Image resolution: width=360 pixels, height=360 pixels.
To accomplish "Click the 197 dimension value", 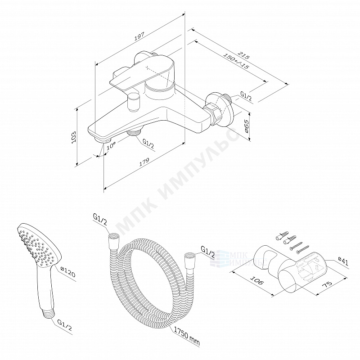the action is pyautogui.click(x=139, y=36).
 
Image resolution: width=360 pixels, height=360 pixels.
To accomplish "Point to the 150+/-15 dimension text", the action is pyautogui.click(x=236, y=61).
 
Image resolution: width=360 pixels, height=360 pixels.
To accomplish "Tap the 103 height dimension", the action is pyautogui.click(x=74, y=137).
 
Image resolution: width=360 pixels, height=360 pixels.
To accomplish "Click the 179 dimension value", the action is pyautogui.click(x=144, y=162).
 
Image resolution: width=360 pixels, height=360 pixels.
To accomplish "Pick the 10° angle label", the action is pyautogui.click(x=111, y=145).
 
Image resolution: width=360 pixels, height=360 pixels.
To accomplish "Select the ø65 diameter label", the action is pyautogui.click(x=246, y=126).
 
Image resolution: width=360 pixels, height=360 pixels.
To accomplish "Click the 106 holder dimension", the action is pyautogui.click(x=256, y=280).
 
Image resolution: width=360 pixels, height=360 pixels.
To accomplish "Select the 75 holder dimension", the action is pyautogui.click(x=327, y=284).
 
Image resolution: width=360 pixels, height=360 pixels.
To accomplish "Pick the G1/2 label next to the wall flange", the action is pyautogui.click(x=246, y=96).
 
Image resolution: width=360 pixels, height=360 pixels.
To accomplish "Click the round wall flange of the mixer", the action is pyautogui.click(x=220, y=110).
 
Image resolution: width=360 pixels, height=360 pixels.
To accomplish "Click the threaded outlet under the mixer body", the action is pyautogui.click(x=134, y=132).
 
